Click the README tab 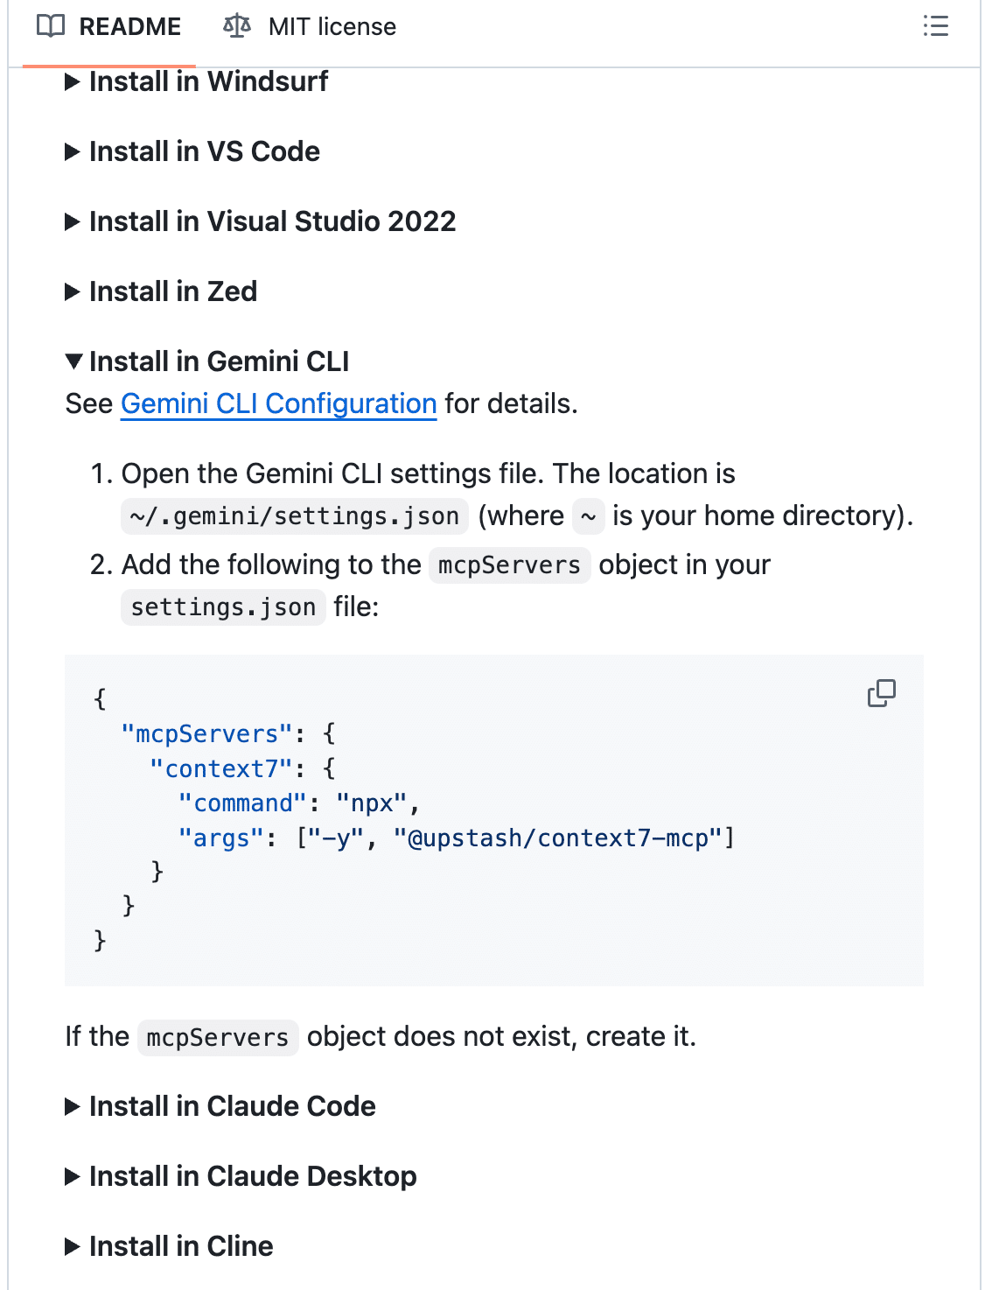pos(129,27)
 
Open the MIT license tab pos(331,27)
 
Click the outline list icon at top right pos(935,26)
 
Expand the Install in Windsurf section pos(207,81)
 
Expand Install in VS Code pos(204,151)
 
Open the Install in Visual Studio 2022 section pos(272,221)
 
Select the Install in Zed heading pos(172,291)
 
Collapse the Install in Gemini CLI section pos(219,361)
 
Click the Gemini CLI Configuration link pos(278,403)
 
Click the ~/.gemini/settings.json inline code pos(294,516)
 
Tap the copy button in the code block pos(881,693)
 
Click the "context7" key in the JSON pos(221,768)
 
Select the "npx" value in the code pos(372,803)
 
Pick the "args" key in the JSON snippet pos(221,838)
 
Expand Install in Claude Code pos(232,1106)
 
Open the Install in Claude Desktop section pos(252,1176)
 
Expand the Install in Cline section pos(180,1246)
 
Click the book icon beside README pos(51,27)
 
